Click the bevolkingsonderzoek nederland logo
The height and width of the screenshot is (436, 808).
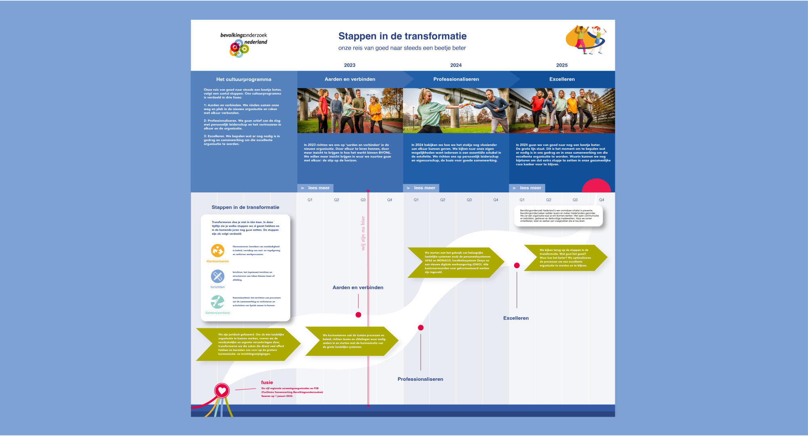click(244, 44)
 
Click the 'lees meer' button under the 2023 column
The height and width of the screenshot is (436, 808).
click(316, 188)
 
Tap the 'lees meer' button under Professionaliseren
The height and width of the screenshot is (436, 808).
click(421, 188)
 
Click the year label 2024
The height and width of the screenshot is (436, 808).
click(456, 65)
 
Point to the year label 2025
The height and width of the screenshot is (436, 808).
click(562, 65)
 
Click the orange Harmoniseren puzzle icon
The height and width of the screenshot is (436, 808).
click(218, 250)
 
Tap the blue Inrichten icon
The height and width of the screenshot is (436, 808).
click(217, 276)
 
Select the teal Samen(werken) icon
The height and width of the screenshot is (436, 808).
click(217, 302)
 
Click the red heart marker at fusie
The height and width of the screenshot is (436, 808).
click(222, 390)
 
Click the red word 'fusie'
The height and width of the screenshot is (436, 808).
click(267, 382)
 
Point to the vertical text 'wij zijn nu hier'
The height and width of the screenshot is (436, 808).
click(363, 233)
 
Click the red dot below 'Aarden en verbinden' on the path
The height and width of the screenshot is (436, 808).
click(358, 315)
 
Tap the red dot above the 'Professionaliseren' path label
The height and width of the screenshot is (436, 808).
click(421, 328)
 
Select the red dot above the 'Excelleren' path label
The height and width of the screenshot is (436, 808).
click(517, 265)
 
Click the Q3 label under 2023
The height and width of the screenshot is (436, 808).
click(363, 200)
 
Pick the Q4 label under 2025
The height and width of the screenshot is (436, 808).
click(602, 200)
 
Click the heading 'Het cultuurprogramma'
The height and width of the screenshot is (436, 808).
click(244, 79)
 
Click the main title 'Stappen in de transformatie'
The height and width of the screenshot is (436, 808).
click(402, 36)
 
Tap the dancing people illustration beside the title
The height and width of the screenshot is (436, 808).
click(586, 40)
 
